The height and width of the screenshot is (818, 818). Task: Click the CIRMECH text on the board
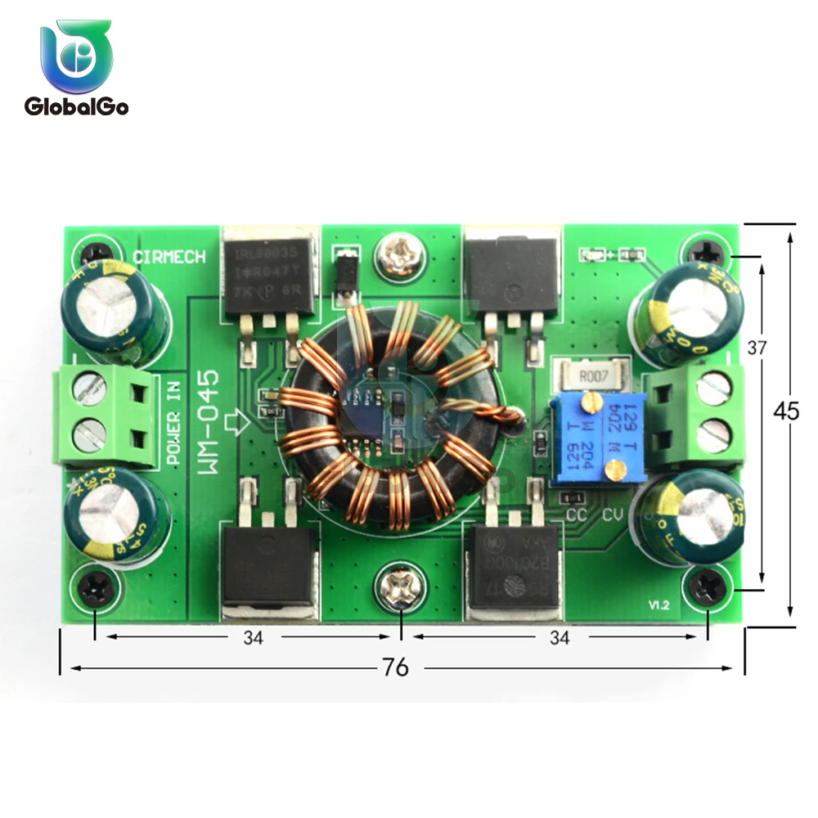[x=169, y=257]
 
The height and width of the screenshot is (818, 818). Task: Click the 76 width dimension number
[x=395, y=667]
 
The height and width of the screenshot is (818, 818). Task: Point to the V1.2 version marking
[x=659, y=605]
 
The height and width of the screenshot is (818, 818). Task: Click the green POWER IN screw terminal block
[x=106, y=417]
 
